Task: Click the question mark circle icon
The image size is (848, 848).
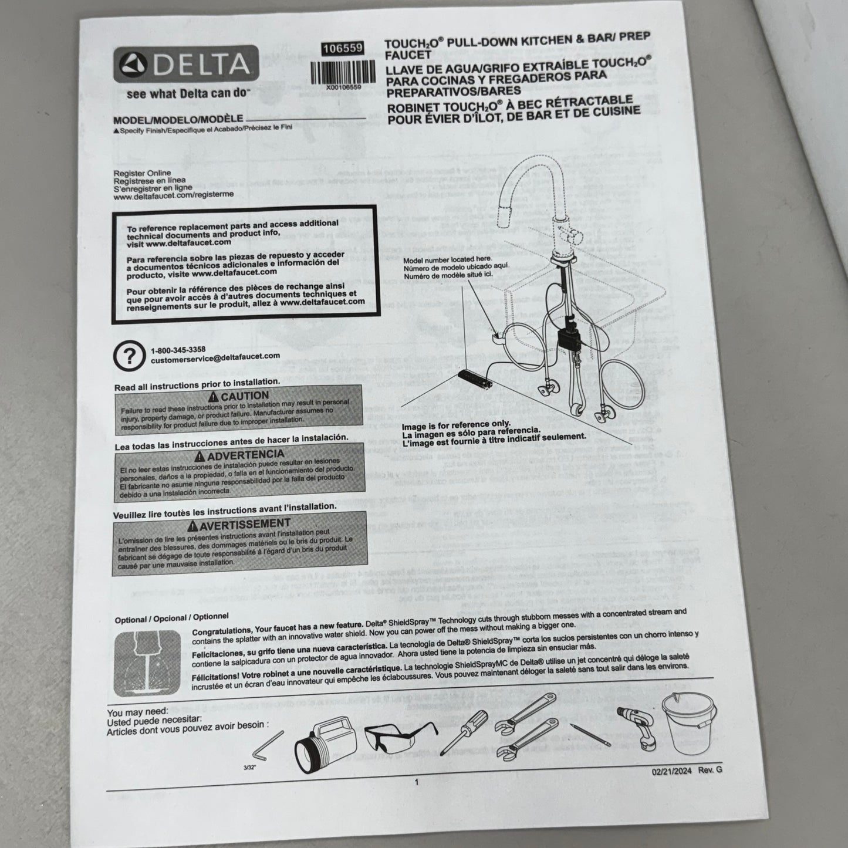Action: (129, 356)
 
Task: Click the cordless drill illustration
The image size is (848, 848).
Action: (637, 726)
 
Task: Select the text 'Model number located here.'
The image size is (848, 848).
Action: (447, 259)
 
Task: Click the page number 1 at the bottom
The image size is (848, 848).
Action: (416, 782)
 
